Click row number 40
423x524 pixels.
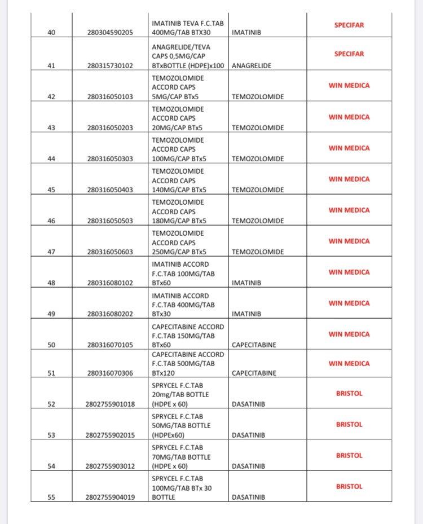51,33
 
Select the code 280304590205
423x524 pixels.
110,33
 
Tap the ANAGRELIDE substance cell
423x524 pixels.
252,65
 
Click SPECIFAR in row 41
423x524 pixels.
349,54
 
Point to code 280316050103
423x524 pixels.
110,96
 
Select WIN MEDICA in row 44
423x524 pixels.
349,148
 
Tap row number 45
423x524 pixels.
51,190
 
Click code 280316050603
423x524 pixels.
110,252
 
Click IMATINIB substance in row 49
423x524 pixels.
246,314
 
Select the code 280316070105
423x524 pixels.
110,345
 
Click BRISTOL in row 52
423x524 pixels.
349,393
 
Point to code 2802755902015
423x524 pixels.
110,435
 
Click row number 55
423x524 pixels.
51,497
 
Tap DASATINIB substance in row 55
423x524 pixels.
248,497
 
